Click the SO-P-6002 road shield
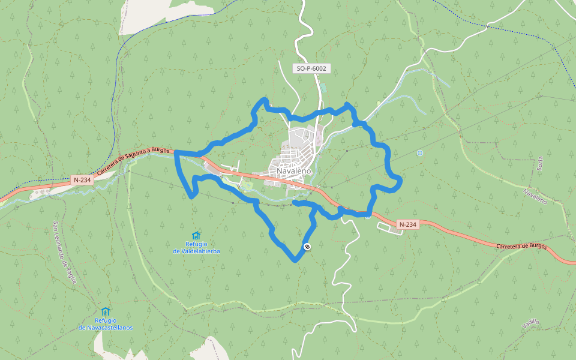[311, 68]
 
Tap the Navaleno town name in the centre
[294, 171]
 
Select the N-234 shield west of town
[82, 179]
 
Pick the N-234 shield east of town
[407, 224]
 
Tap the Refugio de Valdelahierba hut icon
[196, 235]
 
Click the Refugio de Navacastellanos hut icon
[106, 311]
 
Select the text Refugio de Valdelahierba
[196, 248]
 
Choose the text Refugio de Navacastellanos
[106, 324]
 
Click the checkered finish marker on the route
[307, 247]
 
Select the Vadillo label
[531, 325]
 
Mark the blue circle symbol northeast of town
[419, 153]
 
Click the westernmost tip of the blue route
[175, 152]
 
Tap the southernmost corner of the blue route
[295, 260]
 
